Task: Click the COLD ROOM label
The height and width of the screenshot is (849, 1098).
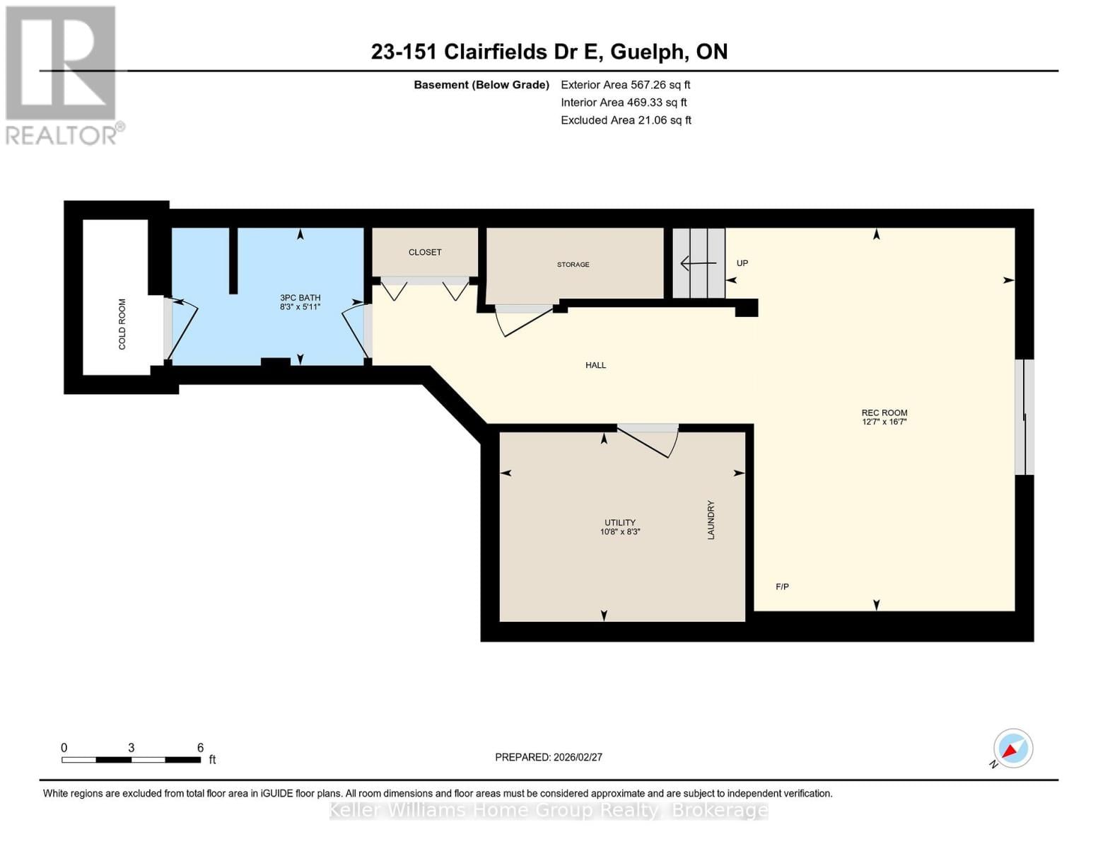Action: point(122,324)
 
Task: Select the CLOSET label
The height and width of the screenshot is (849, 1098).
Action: point(425,252)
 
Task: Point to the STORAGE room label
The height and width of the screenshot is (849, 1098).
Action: point(573,265)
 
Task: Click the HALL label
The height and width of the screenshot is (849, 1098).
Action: point(595,365)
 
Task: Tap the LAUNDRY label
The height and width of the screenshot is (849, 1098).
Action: point(711,520)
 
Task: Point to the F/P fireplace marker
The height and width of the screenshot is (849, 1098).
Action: point(782,587)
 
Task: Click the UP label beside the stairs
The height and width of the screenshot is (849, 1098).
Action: point(742,263)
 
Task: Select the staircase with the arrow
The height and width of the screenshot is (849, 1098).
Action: point(699,263)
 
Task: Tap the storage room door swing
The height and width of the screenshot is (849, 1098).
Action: point(525,320)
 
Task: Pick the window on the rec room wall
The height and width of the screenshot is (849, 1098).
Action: point(1024,417)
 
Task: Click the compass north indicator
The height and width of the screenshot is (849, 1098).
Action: point(1012,749)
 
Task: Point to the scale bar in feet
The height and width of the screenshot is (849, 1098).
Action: point(132,759)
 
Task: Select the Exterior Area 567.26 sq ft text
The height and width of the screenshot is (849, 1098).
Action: point(625,85)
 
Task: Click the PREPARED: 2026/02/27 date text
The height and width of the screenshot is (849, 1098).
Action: point(549,757)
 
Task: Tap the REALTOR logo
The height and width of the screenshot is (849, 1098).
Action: point(62,75)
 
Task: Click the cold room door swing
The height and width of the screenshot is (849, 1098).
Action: point(180,329)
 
